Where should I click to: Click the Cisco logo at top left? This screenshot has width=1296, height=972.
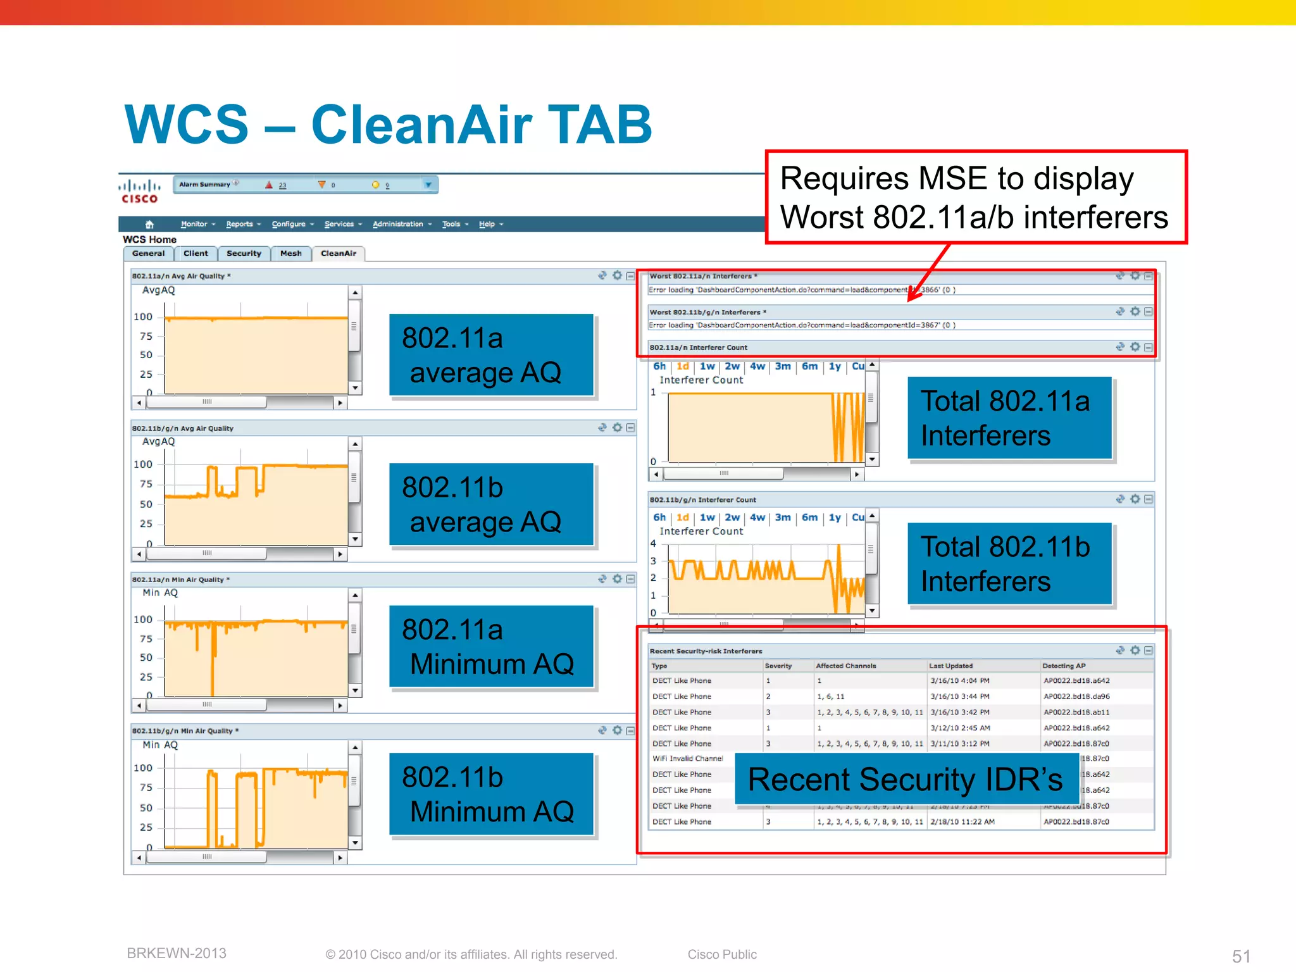coord(139,191)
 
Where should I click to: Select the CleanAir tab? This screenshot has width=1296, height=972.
coord(339,254)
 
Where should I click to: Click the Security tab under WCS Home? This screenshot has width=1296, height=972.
coord(244,254)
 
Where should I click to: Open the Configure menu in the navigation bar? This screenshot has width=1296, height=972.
coord(289,224)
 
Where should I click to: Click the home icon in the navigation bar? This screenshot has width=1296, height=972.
coord(149,224)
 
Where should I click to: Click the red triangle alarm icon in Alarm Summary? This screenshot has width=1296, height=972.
coord(269,185)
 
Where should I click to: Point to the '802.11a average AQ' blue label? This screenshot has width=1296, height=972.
coord(491,355)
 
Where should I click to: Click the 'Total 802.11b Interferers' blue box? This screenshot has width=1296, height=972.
coord(1009,563)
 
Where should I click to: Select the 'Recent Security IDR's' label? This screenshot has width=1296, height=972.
coord(906,779)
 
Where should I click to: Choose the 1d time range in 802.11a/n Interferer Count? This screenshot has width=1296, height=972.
coord(683,366)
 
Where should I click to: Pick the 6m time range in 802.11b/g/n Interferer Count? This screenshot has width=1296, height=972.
coord(809,518)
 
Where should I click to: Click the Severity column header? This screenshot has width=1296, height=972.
coord(778,666)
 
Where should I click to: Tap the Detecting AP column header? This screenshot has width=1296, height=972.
coord(1064,666)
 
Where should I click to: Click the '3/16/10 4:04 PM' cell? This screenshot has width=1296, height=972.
coord(960,681)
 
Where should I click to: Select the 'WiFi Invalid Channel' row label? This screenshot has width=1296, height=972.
coord(687,759)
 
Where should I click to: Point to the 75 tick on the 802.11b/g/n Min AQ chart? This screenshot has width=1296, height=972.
coord(146,788)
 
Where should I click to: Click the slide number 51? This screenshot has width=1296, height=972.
coord(1241,956)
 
